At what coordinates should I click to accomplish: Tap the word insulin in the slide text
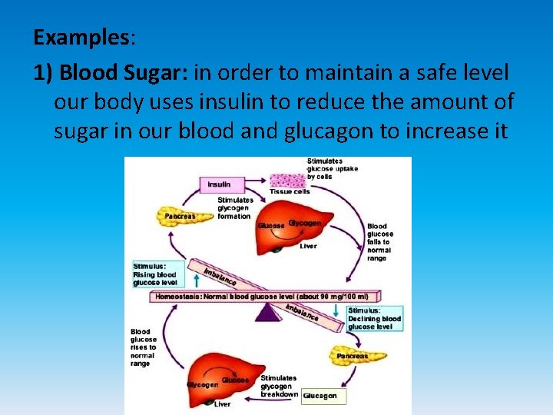230,102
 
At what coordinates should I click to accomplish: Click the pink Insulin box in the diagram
220,184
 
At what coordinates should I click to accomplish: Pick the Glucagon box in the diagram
320,396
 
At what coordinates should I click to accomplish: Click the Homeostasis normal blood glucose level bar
261,296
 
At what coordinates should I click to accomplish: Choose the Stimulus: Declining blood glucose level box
374,318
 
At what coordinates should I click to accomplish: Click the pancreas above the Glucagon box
353,355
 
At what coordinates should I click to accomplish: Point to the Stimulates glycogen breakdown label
279,386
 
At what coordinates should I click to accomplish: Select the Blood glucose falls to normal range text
380,241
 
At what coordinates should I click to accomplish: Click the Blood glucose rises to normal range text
143,347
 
